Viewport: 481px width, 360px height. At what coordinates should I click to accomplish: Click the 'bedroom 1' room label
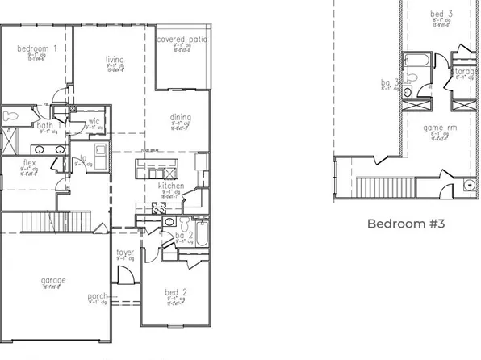[x=37, y=48]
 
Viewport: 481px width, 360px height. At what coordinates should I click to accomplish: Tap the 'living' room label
[x=114, y=59]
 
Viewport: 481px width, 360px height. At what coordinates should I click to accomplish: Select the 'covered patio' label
[x=181, y=39]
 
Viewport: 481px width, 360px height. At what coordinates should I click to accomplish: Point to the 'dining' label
[x=181, y=118]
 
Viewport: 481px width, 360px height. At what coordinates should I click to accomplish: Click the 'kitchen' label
[x=171, y=186]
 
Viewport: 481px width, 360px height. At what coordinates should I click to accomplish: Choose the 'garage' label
[x=54, y=280]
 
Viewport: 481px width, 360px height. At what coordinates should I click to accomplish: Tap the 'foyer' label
[x=124, y=252]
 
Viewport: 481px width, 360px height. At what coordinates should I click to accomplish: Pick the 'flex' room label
[x=29, y=163]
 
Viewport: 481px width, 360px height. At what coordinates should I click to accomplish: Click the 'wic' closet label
[x=94, y=122]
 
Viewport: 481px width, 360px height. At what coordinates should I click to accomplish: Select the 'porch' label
[x=98, y=296]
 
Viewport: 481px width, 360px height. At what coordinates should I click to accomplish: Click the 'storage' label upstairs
[x=466, y=72]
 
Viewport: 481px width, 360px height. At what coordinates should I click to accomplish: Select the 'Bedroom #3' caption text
[x=407, y=224]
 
